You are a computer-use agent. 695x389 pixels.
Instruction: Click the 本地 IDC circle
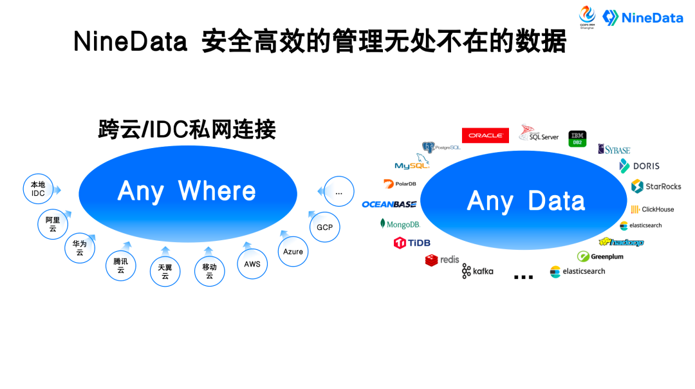click(38, 189)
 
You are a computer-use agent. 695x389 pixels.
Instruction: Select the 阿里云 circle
click(53, 224)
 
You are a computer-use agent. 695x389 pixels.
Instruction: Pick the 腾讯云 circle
click(120, 265)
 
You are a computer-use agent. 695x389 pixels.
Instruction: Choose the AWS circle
click(252, 264)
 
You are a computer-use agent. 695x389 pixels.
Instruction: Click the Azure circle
click(293, 252)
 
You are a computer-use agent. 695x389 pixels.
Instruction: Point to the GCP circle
click(325, 227)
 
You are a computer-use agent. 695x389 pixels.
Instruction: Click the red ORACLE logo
click(485, 135)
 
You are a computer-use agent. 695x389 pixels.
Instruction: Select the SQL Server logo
click(539, 133)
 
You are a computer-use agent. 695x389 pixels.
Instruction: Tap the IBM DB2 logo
click(577, 138)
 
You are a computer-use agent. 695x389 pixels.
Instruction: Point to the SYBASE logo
click(614, 149)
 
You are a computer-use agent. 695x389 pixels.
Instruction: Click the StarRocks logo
click(656, 186)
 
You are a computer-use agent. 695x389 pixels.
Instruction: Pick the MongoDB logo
click(400, 224)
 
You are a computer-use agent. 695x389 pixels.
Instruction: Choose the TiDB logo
click(412, 243)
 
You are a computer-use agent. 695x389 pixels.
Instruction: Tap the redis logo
click(442, 260)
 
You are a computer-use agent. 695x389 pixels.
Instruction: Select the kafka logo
click(477, 271)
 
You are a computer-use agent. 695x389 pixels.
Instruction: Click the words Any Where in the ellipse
click(187, 191)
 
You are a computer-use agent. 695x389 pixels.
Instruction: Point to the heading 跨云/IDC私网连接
click(187, 129)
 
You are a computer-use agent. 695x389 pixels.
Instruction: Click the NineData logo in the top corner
click(643, 17)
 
